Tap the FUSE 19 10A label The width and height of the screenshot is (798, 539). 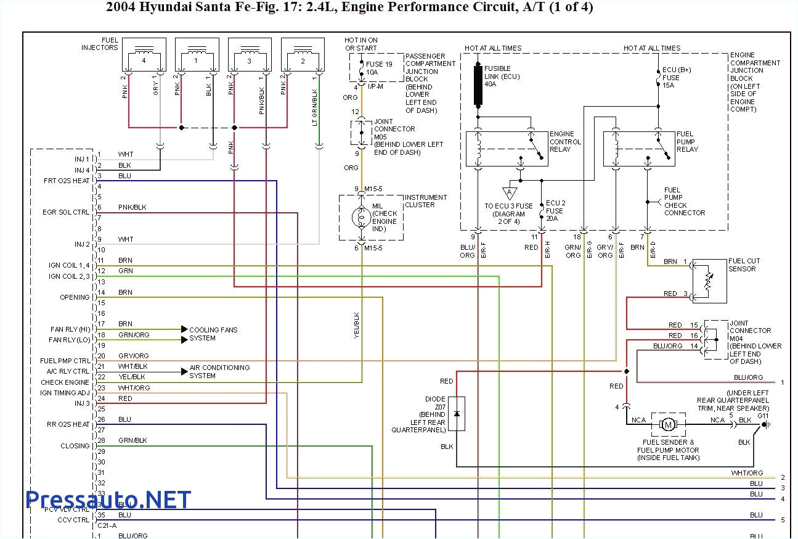coord(380,68)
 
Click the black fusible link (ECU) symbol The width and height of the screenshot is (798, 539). coord(478,85)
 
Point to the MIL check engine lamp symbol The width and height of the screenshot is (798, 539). coord(359,218)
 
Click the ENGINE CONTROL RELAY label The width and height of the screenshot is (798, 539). coord(565,142)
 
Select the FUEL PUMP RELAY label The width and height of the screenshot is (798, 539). coord(688,142)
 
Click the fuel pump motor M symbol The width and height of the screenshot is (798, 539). coord(668,424)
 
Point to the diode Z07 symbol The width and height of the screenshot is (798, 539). coord(457,413)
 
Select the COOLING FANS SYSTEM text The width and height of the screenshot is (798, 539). coord(213,334)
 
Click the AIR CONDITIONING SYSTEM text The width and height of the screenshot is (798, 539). coord(219,371)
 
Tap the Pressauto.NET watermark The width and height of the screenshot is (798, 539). coord(108,500)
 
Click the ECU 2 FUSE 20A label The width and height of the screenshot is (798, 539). coord(555,210)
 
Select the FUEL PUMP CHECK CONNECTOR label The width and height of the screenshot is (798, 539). coord(684,202)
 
